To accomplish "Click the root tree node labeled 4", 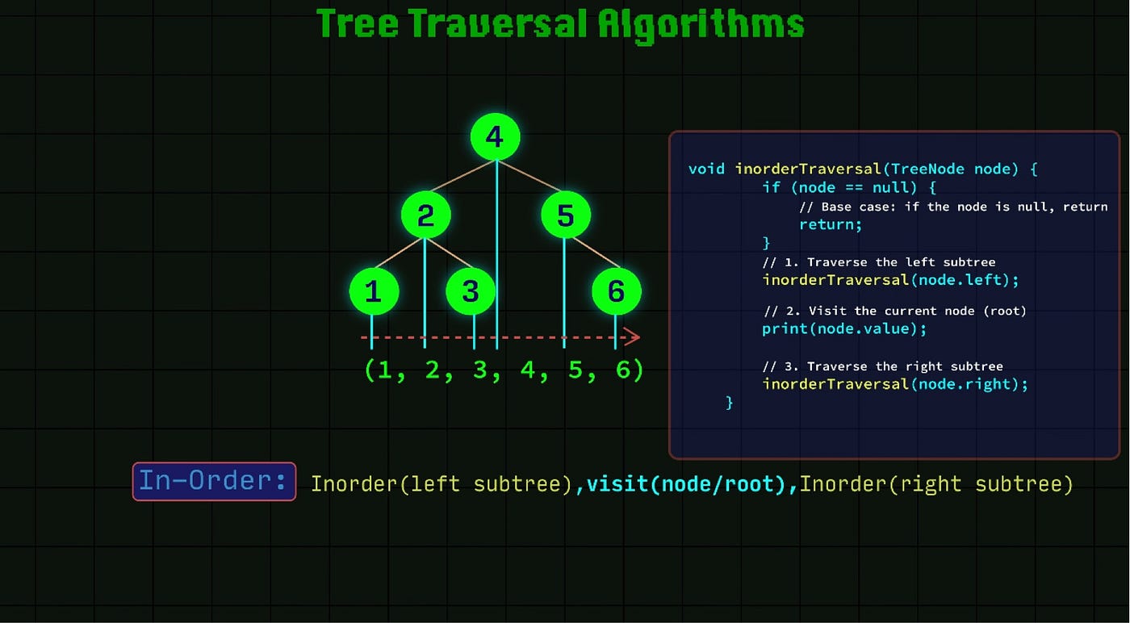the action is coord(495,137).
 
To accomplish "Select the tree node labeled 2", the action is coord(425,215).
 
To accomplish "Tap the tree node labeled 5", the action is coord(566,215).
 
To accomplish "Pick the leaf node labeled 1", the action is coord(374,291).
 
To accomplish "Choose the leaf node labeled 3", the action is coord(471,291).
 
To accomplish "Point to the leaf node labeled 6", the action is coord(616,291).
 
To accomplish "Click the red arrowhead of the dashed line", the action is coord(634,337).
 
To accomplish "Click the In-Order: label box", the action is coord(214,481).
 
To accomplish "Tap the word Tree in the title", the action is coord(358,23).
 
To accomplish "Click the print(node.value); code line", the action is coord(844,328).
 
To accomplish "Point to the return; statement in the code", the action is coord(831,224).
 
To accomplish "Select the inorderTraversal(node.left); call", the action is coord(891,280).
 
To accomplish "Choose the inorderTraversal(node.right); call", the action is coord(895,384).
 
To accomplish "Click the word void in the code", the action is coord(707,169).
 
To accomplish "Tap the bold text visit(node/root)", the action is coord(686,484).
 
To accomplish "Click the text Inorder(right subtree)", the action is coord(936,484).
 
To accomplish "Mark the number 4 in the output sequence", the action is coord(528,370).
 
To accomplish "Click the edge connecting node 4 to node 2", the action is coord(460,177).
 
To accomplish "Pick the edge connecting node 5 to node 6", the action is coord(592,253).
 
